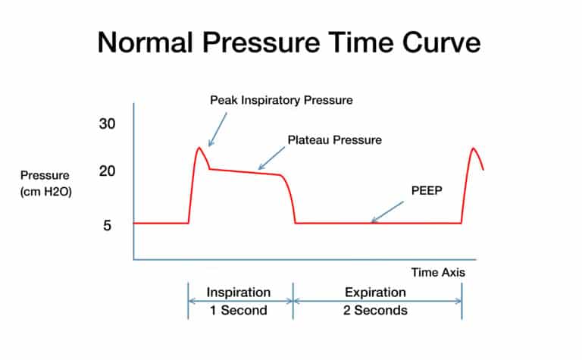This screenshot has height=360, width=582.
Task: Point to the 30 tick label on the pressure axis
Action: (x=108, y=124)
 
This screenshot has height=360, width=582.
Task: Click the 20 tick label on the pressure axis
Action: (x=108, y=171)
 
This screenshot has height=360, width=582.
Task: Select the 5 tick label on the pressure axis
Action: (x=108, y=225)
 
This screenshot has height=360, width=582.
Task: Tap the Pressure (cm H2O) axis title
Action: (x=45, y=184)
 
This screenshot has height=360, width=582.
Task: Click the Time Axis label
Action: (x=438, y=271)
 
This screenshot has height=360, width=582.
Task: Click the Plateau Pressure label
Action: (x=334, y=140)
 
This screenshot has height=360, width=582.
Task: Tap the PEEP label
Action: (x=424, y=190)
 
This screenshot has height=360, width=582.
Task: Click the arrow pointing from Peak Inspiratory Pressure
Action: (x=217, y=129)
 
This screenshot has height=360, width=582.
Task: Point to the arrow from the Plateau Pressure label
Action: (x=271, y=157)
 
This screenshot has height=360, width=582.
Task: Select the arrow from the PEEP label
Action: (x=387, y=211)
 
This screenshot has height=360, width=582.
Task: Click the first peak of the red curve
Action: (x=199, y=148)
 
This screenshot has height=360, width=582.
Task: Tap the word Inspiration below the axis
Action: (x=239, y=292)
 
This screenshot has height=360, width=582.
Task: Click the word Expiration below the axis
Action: (x=375, y=292)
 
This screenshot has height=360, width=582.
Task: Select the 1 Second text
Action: (x=239, y=310)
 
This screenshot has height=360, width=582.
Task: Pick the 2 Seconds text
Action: (x=376, y=310)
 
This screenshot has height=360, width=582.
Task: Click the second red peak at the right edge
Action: (x=474, y=149)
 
